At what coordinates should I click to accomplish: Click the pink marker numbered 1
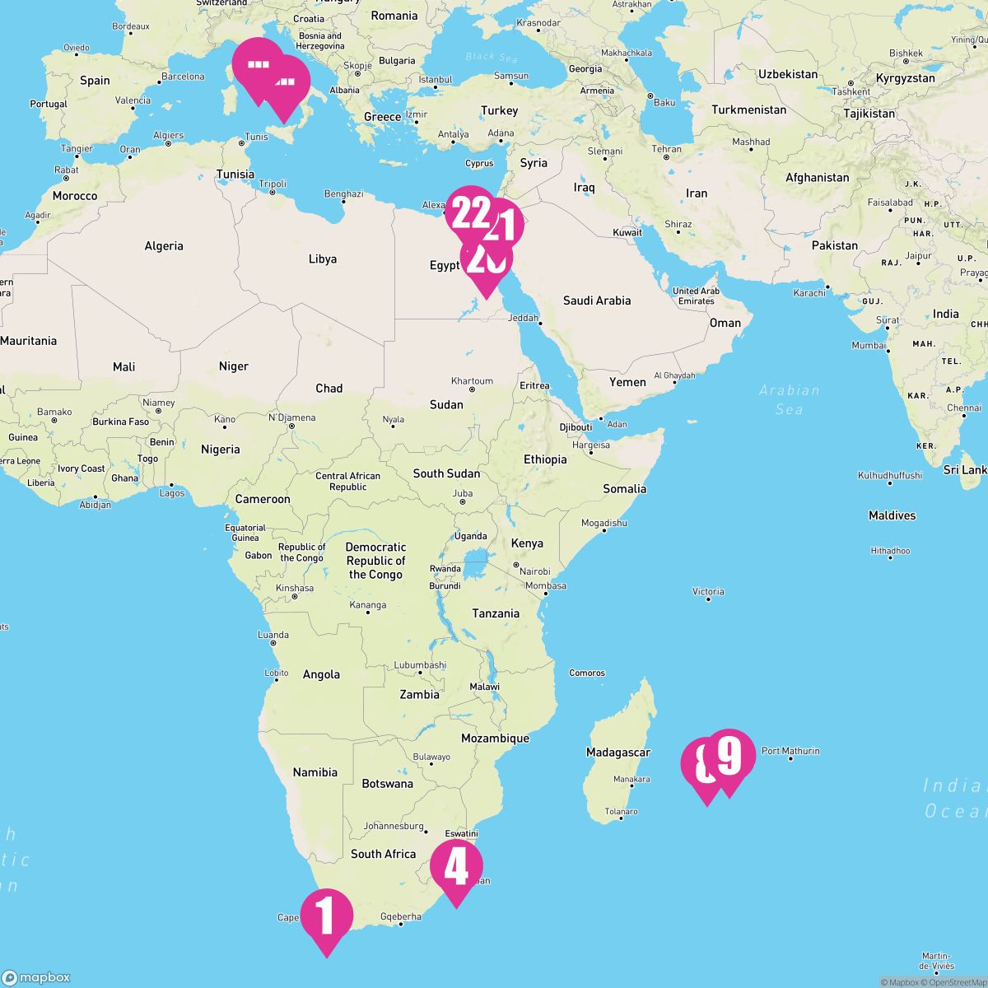coord(327,916)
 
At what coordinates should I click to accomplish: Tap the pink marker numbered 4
coord(456,867)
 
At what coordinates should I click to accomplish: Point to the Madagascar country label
coord(617,753)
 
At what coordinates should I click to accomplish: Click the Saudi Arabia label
coord(596,301)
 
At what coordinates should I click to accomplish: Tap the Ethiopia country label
coord(545,459)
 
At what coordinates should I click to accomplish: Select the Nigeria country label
coord(221,450)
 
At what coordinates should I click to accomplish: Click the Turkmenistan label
coord(748,110)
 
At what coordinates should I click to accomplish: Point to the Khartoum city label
coord(472,381)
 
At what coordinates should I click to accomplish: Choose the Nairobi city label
coord(534,571)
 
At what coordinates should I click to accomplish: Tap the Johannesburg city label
coord(394,826)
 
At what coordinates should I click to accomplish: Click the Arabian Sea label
coord(790,399)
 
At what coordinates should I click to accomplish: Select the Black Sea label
coord(491,57)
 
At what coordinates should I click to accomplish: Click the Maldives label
coord(892,515)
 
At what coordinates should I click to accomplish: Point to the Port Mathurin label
coord(790,751)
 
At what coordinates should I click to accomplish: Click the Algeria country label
coord(164,246)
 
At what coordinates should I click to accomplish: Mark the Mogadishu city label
coord(604,523)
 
